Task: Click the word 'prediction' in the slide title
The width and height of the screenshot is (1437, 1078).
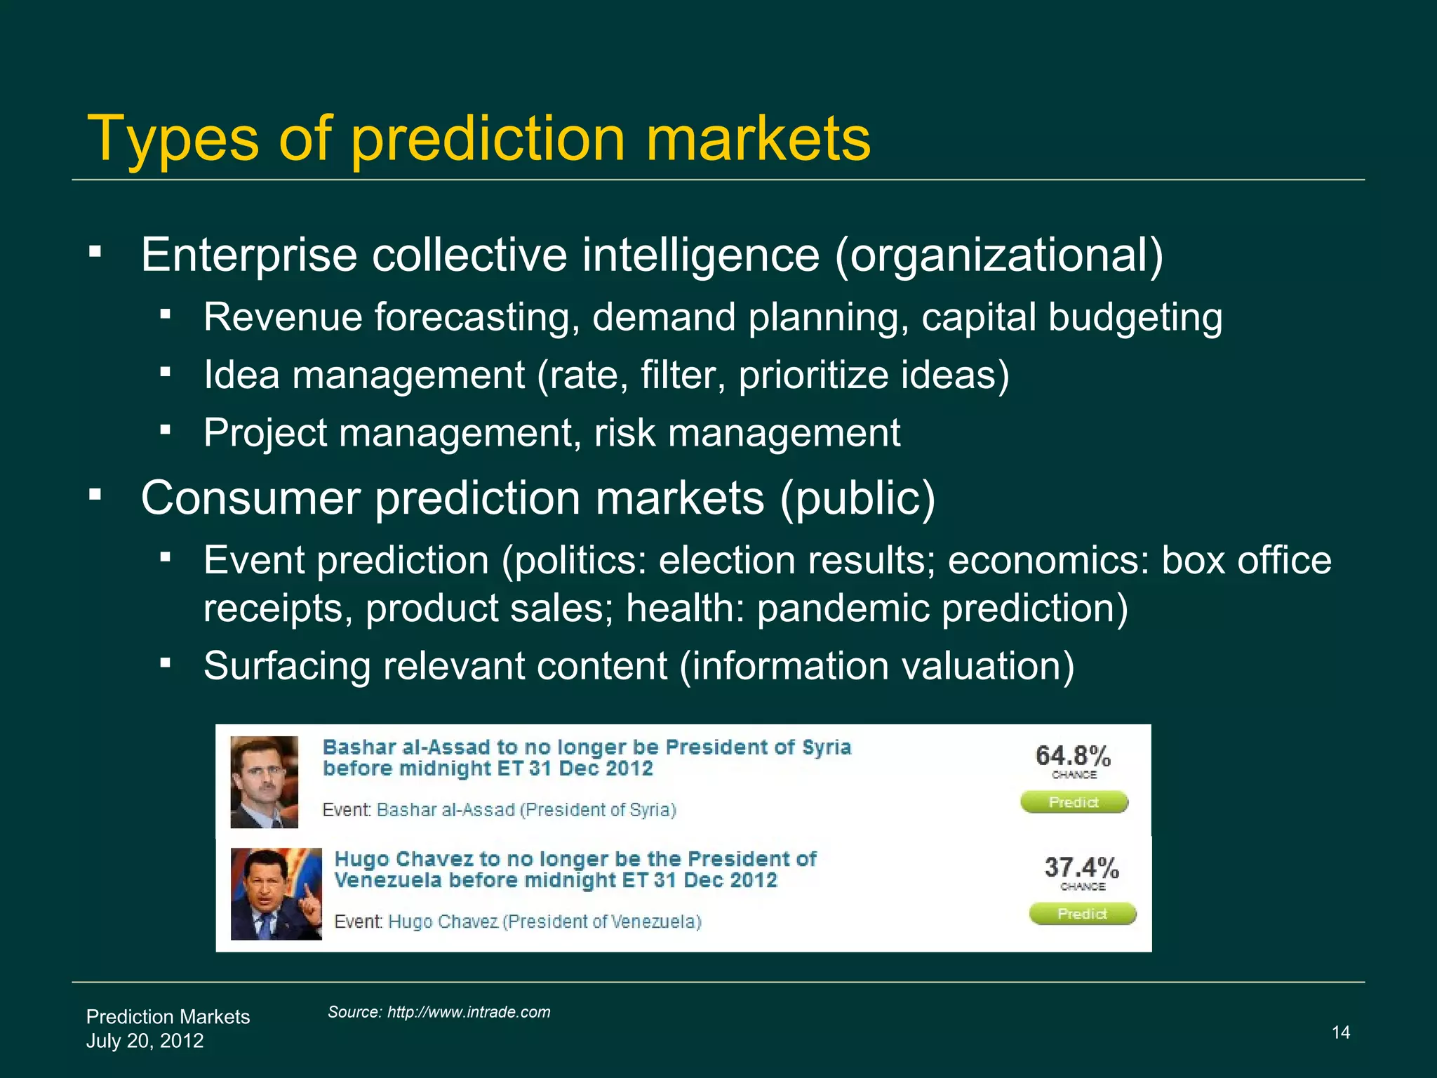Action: click(487, 139)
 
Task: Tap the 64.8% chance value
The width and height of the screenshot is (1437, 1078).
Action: click(1073, 757)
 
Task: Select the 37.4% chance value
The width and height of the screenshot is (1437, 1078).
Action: click(1081, 868)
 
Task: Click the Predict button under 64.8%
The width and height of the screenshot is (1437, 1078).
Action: click(1074, 802)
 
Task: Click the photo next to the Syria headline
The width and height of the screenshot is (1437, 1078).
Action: click(265, 781)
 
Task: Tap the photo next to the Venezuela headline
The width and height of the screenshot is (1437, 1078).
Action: click(276, 893)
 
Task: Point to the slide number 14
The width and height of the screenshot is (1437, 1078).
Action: click(1340, 1032)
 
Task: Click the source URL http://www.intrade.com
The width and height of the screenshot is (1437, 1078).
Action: click(468, 1012)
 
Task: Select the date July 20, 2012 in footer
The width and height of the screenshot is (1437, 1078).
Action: click(145, 1040)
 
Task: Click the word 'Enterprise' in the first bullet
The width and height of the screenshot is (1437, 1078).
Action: click(249, 255)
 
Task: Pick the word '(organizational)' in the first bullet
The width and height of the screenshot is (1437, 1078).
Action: click(999, 255)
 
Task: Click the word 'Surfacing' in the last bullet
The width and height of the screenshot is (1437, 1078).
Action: click(286, 665)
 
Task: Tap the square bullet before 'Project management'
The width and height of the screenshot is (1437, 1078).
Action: click(166, 430)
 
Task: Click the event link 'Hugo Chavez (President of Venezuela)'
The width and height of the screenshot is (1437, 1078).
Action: click(544, 921)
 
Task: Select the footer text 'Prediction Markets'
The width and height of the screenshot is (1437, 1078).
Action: click(168, 1017)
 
